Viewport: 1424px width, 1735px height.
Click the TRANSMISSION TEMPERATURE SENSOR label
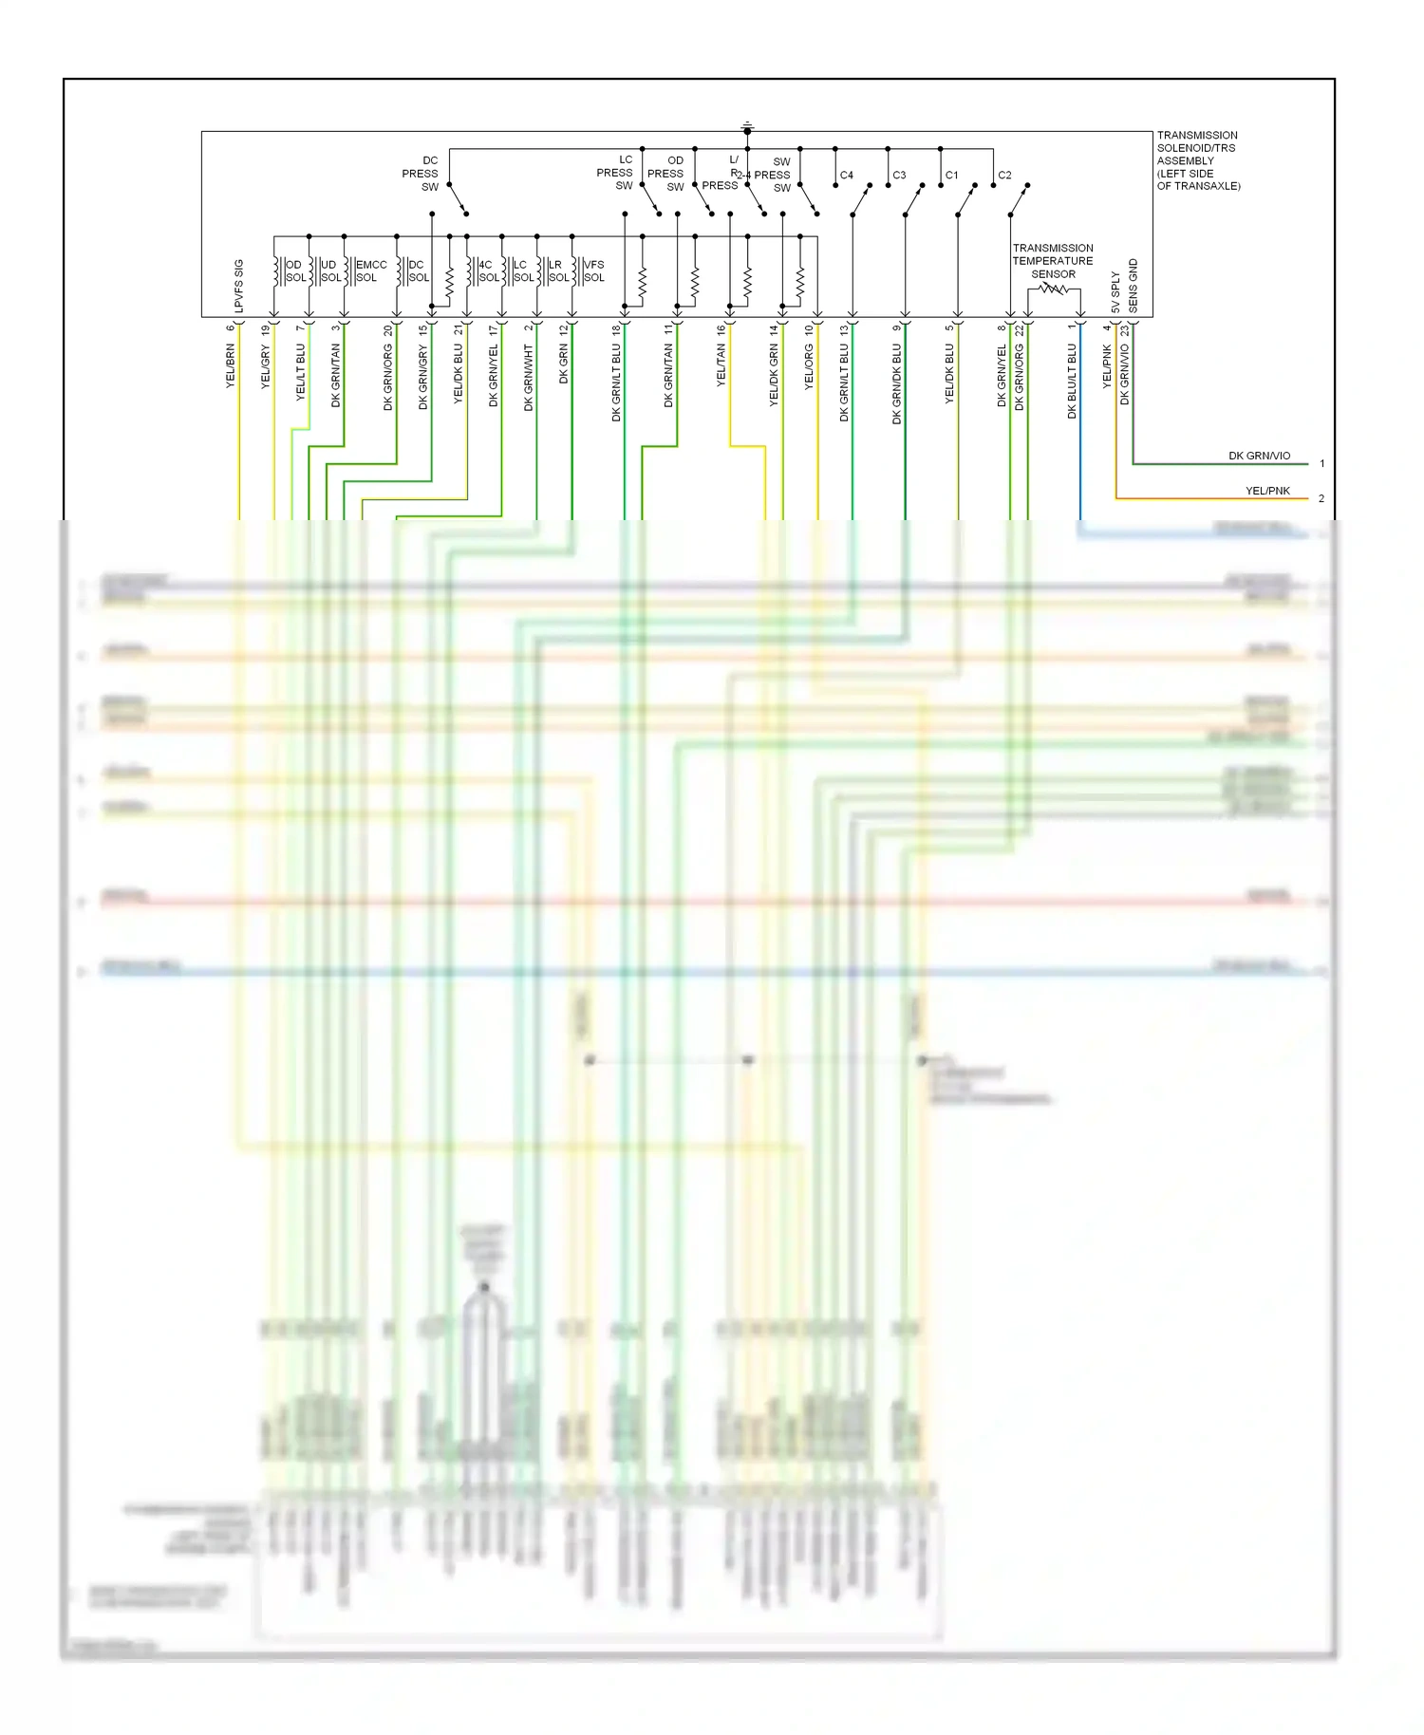[1053, 261]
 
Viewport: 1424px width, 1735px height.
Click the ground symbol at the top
[747, 126]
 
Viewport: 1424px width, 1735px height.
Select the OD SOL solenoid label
[295, 271]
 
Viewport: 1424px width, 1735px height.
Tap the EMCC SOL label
[369, 271]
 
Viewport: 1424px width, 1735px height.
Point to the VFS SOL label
[593, 271]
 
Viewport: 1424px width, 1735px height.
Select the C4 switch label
[846, 176]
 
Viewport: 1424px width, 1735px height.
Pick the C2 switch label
[1004, 176]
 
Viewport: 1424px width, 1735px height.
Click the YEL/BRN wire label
[231, 366]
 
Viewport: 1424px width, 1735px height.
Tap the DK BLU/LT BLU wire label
[1072, 381]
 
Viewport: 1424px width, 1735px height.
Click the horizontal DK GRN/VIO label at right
[1259, 456]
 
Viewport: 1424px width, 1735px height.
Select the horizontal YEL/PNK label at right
[1267, 491]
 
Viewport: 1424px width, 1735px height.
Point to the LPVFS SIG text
[239, 286]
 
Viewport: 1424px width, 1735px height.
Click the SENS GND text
[1133, 286]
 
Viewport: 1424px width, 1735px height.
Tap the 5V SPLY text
[1115, 292]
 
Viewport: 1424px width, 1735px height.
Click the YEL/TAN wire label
[721, 365]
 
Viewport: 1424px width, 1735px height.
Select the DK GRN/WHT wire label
[529, 377]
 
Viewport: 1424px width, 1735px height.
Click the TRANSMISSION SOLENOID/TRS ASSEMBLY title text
[1198, 160]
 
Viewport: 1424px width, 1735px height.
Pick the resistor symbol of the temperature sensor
[1054, 289]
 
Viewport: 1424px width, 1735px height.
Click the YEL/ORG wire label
[809, 366]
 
